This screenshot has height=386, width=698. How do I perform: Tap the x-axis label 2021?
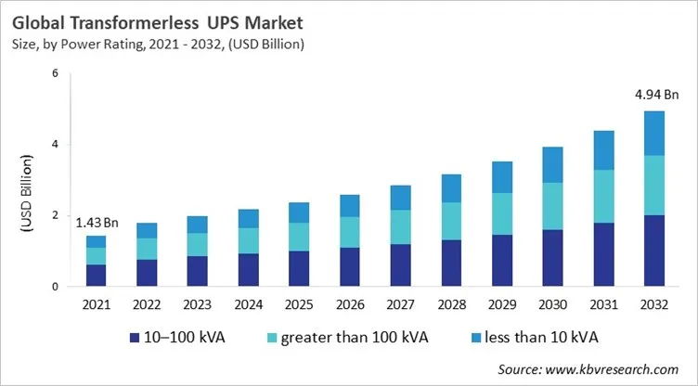tap(97, 303)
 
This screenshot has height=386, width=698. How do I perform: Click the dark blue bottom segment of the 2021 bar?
tap(97, 276)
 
